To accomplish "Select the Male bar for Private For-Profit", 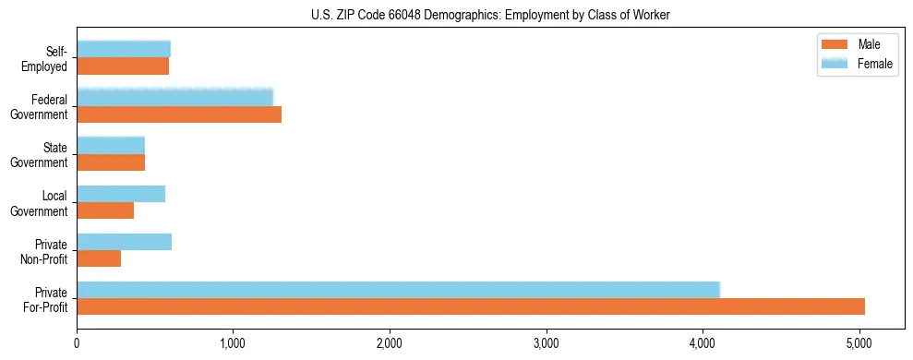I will pyautogui.click(x=471, y=306).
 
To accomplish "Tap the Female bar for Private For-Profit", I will pyautogui.click(x=398, y=290).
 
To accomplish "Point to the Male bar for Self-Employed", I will pyautogui.click(x=123, y=66).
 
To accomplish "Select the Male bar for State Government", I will pyautogui.click(x=111, y=162).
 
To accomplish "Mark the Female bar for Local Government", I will pyautogui.click(x=121, y=194).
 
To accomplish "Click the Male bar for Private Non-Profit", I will pyautogui.click(x=99, y=258).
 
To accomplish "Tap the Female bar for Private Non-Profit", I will pyautogui.click(x=124, y=242).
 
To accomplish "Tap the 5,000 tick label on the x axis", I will pyautogui.click(x=859, y=344).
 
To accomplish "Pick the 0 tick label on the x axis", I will pyautogui.click(x=77, y=344).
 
